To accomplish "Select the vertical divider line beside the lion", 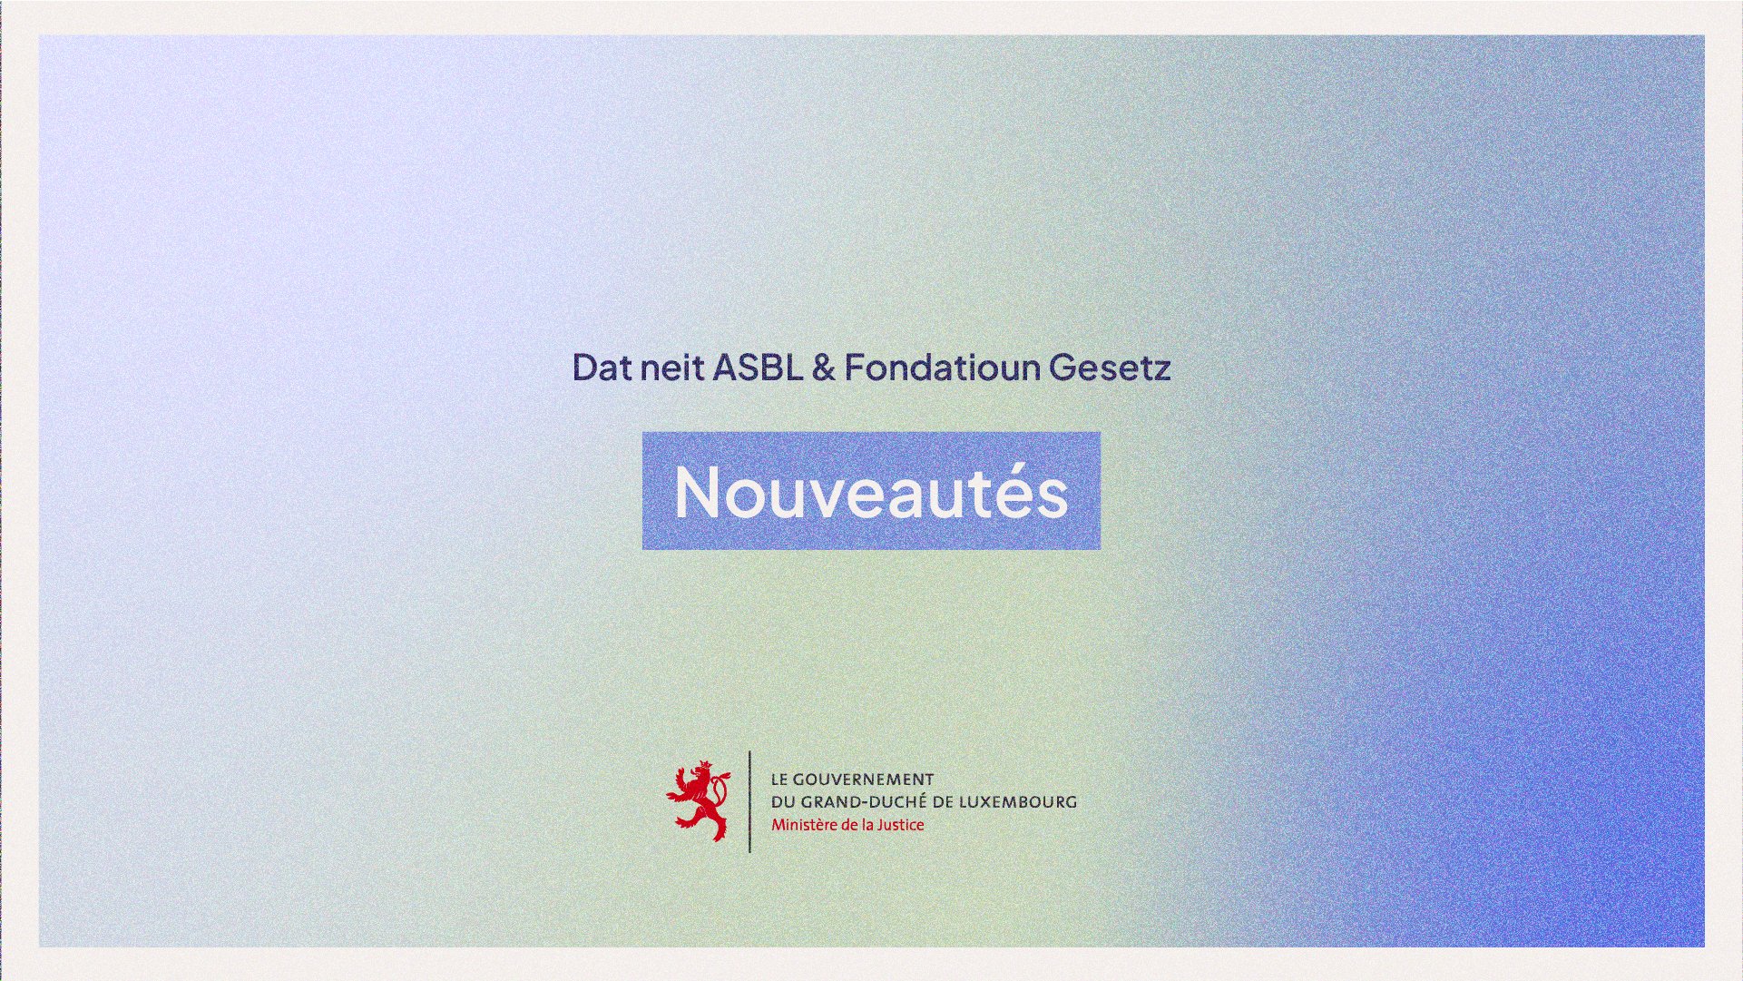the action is click(749, 801).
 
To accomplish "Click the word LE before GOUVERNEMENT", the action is click(779, 780).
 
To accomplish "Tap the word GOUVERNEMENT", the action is click(863, 780).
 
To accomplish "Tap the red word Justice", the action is click(898, 825).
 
